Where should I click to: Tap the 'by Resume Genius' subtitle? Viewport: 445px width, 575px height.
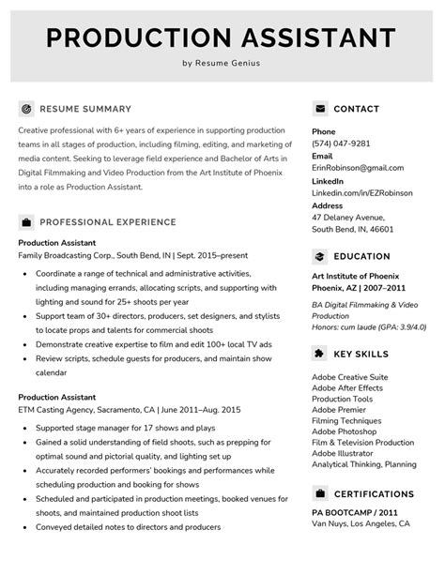coord(222,64)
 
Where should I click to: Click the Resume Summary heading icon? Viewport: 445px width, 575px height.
coord(26,109)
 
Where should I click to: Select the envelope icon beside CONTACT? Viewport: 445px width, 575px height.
coord(320,109)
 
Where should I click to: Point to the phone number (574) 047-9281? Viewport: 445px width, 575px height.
coord(341,144)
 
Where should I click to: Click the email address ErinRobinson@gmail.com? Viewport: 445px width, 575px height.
coord(363,168)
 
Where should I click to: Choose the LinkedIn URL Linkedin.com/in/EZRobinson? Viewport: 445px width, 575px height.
coord(362,192)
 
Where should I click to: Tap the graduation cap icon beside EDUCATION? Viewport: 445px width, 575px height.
coord(320,256)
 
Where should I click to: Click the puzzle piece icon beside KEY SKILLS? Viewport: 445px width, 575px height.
coord(320,354)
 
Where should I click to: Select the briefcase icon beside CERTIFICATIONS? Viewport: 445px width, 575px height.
coord(320,493)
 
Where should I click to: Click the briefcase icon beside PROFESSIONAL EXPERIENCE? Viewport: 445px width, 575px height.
coord(26,222)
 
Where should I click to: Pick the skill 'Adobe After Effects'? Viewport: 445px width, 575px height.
coord(347,387)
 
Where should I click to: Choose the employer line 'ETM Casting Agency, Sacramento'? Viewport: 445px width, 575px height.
coord(130,410)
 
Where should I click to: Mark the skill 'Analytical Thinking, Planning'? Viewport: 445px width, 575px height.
coord(364,464)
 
